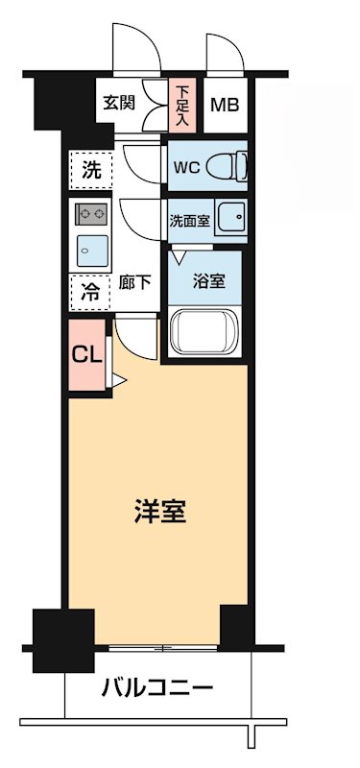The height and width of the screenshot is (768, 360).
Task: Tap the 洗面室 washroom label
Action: click(x=189, y=220)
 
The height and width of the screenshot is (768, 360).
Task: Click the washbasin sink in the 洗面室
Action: click(x=230, y=219)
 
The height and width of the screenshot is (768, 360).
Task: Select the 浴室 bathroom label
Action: click(x=208, y=282)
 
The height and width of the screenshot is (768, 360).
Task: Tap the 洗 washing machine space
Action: click(x=90, y=172)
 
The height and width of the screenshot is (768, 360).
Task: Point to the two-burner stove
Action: click(x=91, y=213)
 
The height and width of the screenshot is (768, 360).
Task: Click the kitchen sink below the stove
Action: click(x=91, y=251)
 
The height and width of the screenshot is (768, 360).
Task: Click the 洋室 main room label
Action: click(x=159, y=512)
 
